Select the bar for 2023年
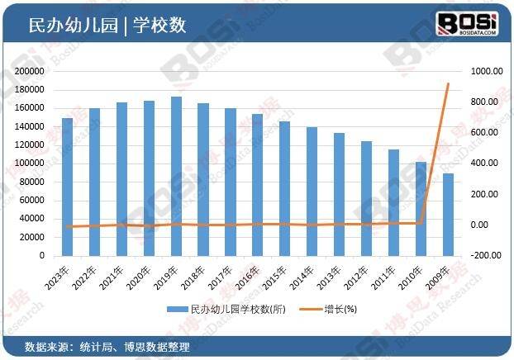click(68, 187)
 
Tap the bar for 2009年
click(447, 215)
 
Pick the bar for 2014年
click(312, 192)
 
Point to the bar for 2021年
click(121, 179)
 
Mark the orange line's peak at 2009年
click(447, 83)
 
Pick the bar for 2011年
click(393, 202)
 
